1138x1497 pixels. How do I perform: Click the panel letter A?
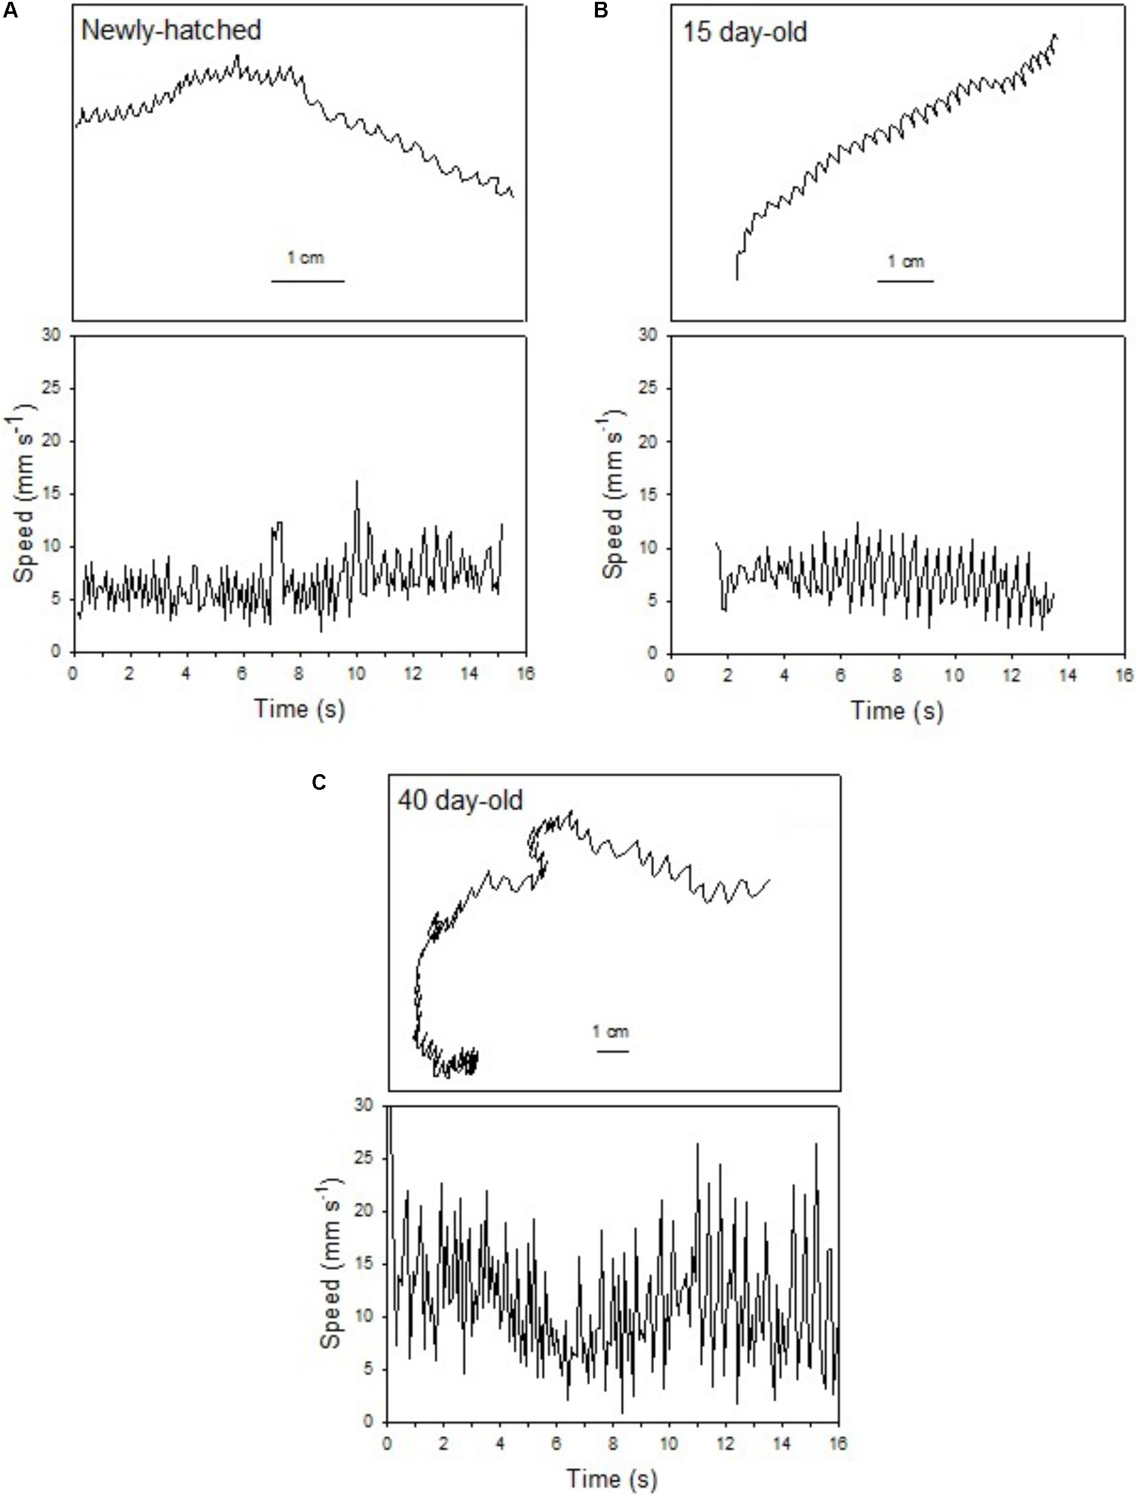point(10,11)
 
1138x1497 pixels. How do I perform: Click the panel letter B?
point(601,11)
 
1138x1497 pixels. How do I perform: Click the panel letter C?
point(319,783)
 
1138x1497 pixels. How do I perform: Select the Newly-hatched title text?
point(171,31)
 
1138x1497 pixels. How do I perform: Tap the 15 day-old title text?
point(745,33)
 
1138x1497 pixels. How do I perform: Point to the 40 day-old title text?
point(460,801)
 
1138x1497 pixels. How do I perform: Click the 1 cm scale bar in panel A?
point(308,281)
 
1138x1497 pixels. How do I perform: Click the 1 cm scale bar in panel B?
point(906,281)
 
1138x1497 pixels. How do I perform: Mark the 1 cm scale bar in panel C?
point(612,1051)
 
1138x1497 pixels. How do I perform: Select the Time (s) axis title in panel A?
point(299,708)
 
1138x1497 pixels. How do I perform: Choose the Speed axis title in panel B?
point(614,494)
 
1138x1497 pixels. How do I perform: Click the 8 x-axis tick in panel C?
point(613,1443)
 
